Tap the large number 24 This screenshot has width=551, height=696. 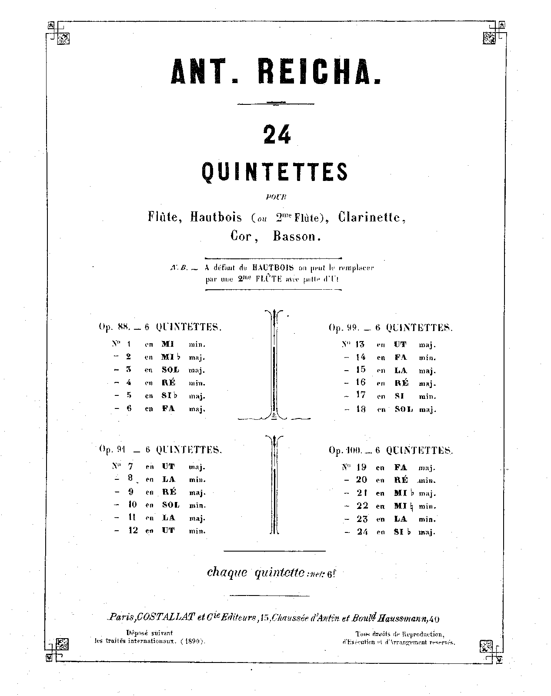[x=277, y=135]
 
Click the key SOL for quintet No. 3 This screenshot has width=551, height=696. [x=170, y=370]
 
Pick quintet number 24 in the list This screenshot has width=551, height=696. [x=362, y=532]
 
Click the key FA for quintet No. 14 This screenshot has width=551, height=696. [x=401, y=358]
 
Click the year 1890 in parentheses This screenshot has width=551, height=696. [x=192, y=641]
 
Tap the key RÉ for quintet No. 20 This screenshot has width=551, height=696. [x=401, y=480]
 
